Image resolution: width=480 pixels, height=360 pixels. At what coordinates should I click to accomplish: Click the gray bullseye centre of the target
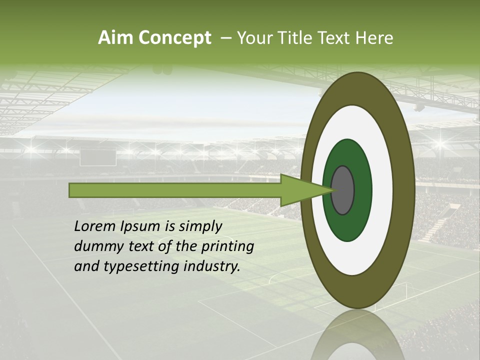[x=343, y=190]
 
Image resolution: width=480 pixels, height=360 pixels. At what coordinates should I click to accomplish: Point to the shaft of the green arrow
[x=175, y=190]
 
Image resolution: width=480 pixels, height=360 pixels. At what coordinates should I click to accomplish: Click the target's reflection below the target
[x=357, y=337]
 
